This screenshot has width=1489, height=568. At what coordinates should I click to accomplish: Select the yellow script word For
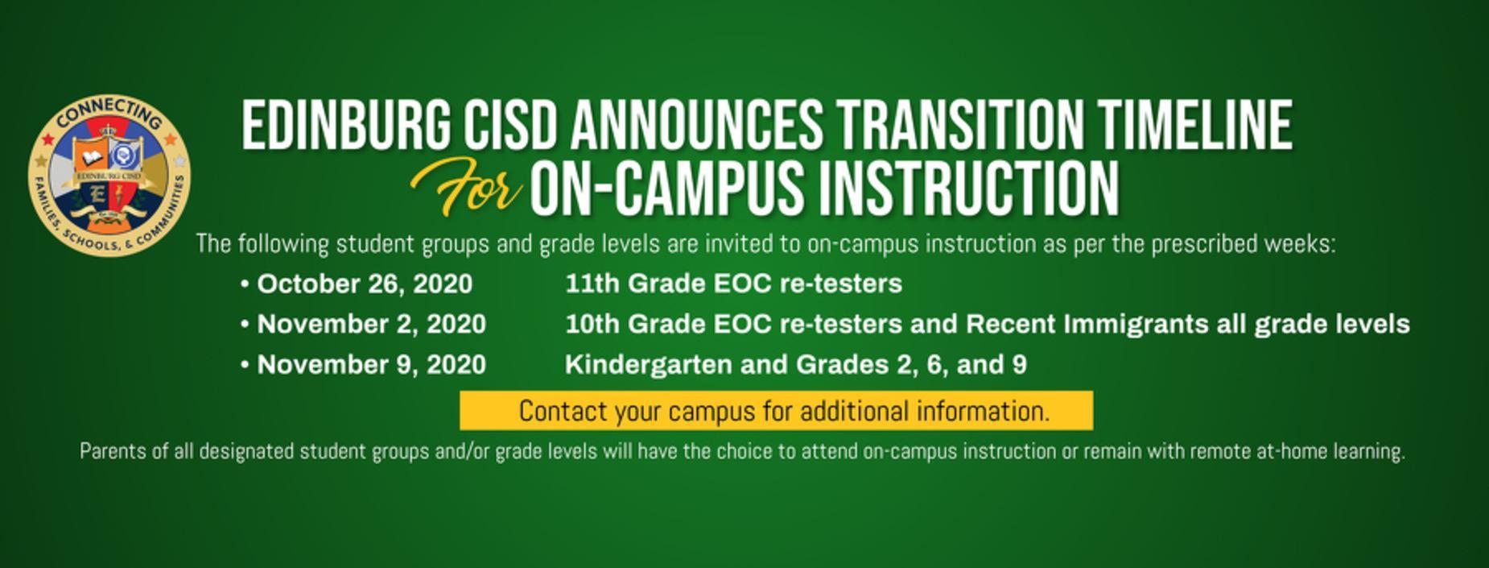coord(467,187)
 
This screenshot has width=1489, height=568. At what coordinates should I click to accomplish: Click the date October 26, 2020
coord(365,284)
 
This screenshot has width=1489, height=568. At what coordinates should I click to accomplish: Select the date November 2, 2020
coord(371,324)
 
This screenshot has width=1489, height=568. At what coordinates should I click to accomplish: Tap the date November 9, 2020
coord(371,364)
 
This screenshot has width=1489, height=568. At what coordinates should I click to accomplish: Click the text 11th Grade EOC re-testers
coord(733,284)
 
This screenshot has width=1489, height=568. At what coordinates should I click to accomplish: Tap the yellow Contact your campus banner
coord(776,411)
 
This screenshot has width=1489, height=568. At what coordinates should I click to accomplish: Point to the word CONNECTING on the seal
coord(109,115)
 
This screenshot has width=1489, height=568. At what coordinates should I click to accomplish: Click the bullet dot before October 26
coord(245,284)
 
